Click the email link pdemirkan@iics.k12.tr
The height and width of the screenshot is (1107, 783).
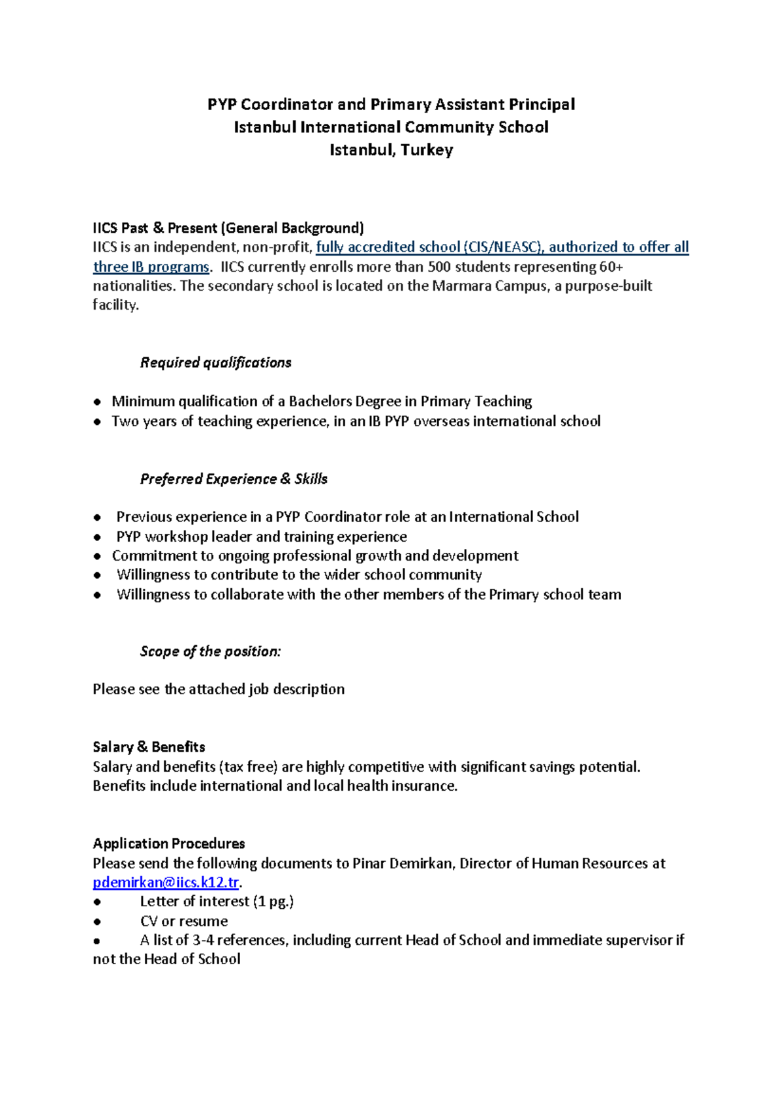pyautogui.click(x=166, y=883)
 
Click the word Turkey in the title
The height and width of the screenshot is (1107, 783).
pyautogui.click(x=427, y=150)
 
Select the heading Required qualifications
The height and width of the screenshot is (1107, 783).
pyautogui.click(x=215, y=362)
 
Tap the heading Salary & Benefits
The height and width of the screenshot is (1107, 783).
pyautogui.click(x=149, y=747)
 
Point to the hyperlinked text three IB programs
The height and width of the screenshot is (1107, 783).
pyautogui.click(x=151, y=267)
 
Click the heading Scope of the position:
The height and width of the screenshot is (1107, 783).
pyautogui.click(x=210, y=651)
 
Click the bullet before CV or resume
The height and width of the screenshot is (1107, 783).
pyautogui.click(x=97, y=922)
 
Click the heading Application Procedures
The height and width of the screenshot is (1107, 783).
pyautogui.click(x=168, y=844)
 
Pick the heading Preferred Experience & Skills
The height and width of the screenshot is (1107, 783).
pyautogui.click(x=234, y=479)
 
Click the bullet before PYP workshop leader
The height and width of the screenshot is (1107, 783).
pyautogui.click(x=97, y=537)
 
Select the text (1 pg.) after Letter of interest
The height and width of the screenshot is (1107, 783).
pyautogui.click(x=273, y=902)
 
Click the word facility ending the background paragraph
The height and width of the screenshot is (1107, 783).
pyautogui.click(x=114, y=304)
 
